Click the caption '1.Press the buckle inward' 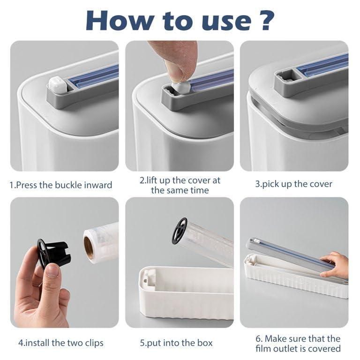(61, 185)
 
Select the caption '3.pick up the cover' (293, 184)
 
